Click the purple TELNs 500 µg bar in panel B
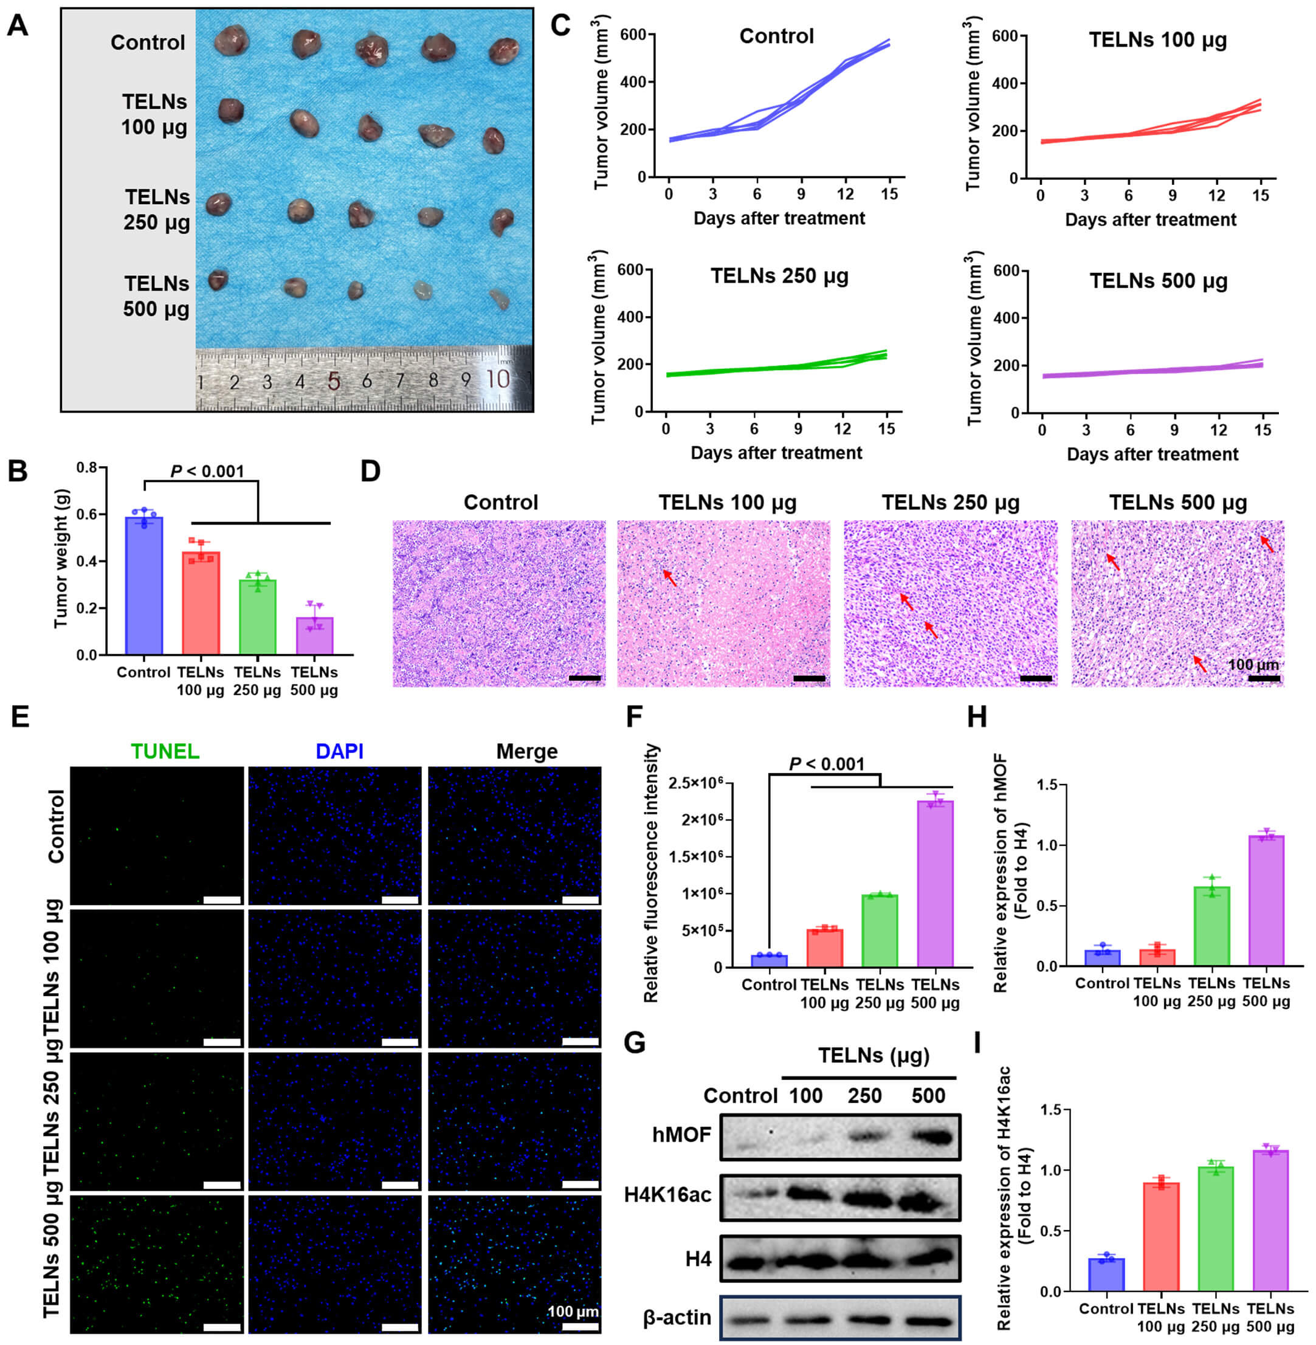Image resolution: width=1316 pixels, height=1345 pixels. point(314,635)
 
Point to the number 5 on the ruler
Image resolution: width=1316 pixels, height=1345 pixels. point(334,381)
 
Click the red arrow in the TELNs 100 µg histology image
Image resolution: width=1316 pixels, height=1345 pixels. point(669,577)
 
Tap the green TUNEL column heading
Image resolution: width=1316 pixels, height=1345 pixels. point(165,751)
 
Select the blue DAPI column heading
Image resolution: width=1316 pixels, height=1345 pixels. point(339,751)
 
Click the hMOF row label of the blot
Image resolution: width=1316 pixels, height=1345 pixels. point(681,1135)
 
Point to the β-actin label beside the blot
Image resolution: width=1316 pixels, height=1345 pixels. point(677,1318)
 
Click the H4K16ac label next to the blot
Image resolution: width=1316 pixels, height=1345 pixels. point(667,1194)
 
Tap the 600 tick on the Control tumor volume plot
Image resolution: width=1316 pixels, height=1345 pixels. point(632,35)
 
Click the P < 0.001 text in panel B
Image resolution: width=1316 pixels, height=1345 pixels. point(207,472)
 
